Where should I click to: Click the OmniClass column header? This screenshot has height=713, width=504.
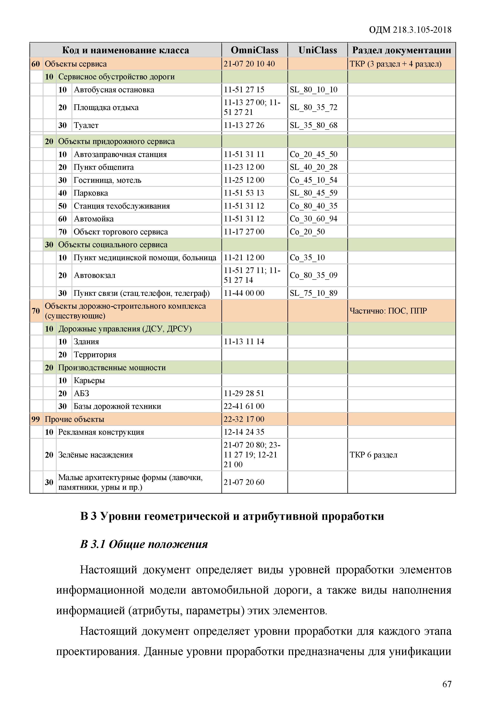(x=255, y=50)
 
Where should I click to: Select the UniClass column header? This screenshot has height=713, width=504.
(x=318, y=50)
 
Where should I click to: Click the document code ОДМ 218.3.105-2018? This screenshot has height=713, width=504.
(x=410, y=30)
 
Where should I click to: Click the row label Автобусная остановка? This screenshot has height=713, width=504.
(x=114, y=90)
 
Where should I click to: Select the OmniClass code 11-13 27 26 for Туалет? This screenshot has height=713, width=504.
(x=244, y=125)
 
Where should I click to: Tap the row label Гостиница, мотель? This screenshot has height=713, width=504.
(x=107, y=180)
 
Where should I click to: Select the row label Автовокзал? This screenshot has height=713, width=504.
(x=95, y=275)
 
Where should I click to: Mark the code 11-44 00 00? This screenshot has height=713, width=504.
(x=244, y=293)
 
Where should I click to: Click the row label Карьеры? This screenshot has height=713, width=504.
(x=89, y=380)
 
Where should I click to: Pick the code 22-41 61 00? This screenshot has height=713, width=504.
(x=244, y=406)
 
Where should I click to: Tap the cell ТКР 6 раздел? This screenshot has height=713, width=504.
(x=373, y=455)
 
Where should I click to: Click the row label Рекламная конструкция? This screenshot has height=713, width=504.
(x=101, y=432)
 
